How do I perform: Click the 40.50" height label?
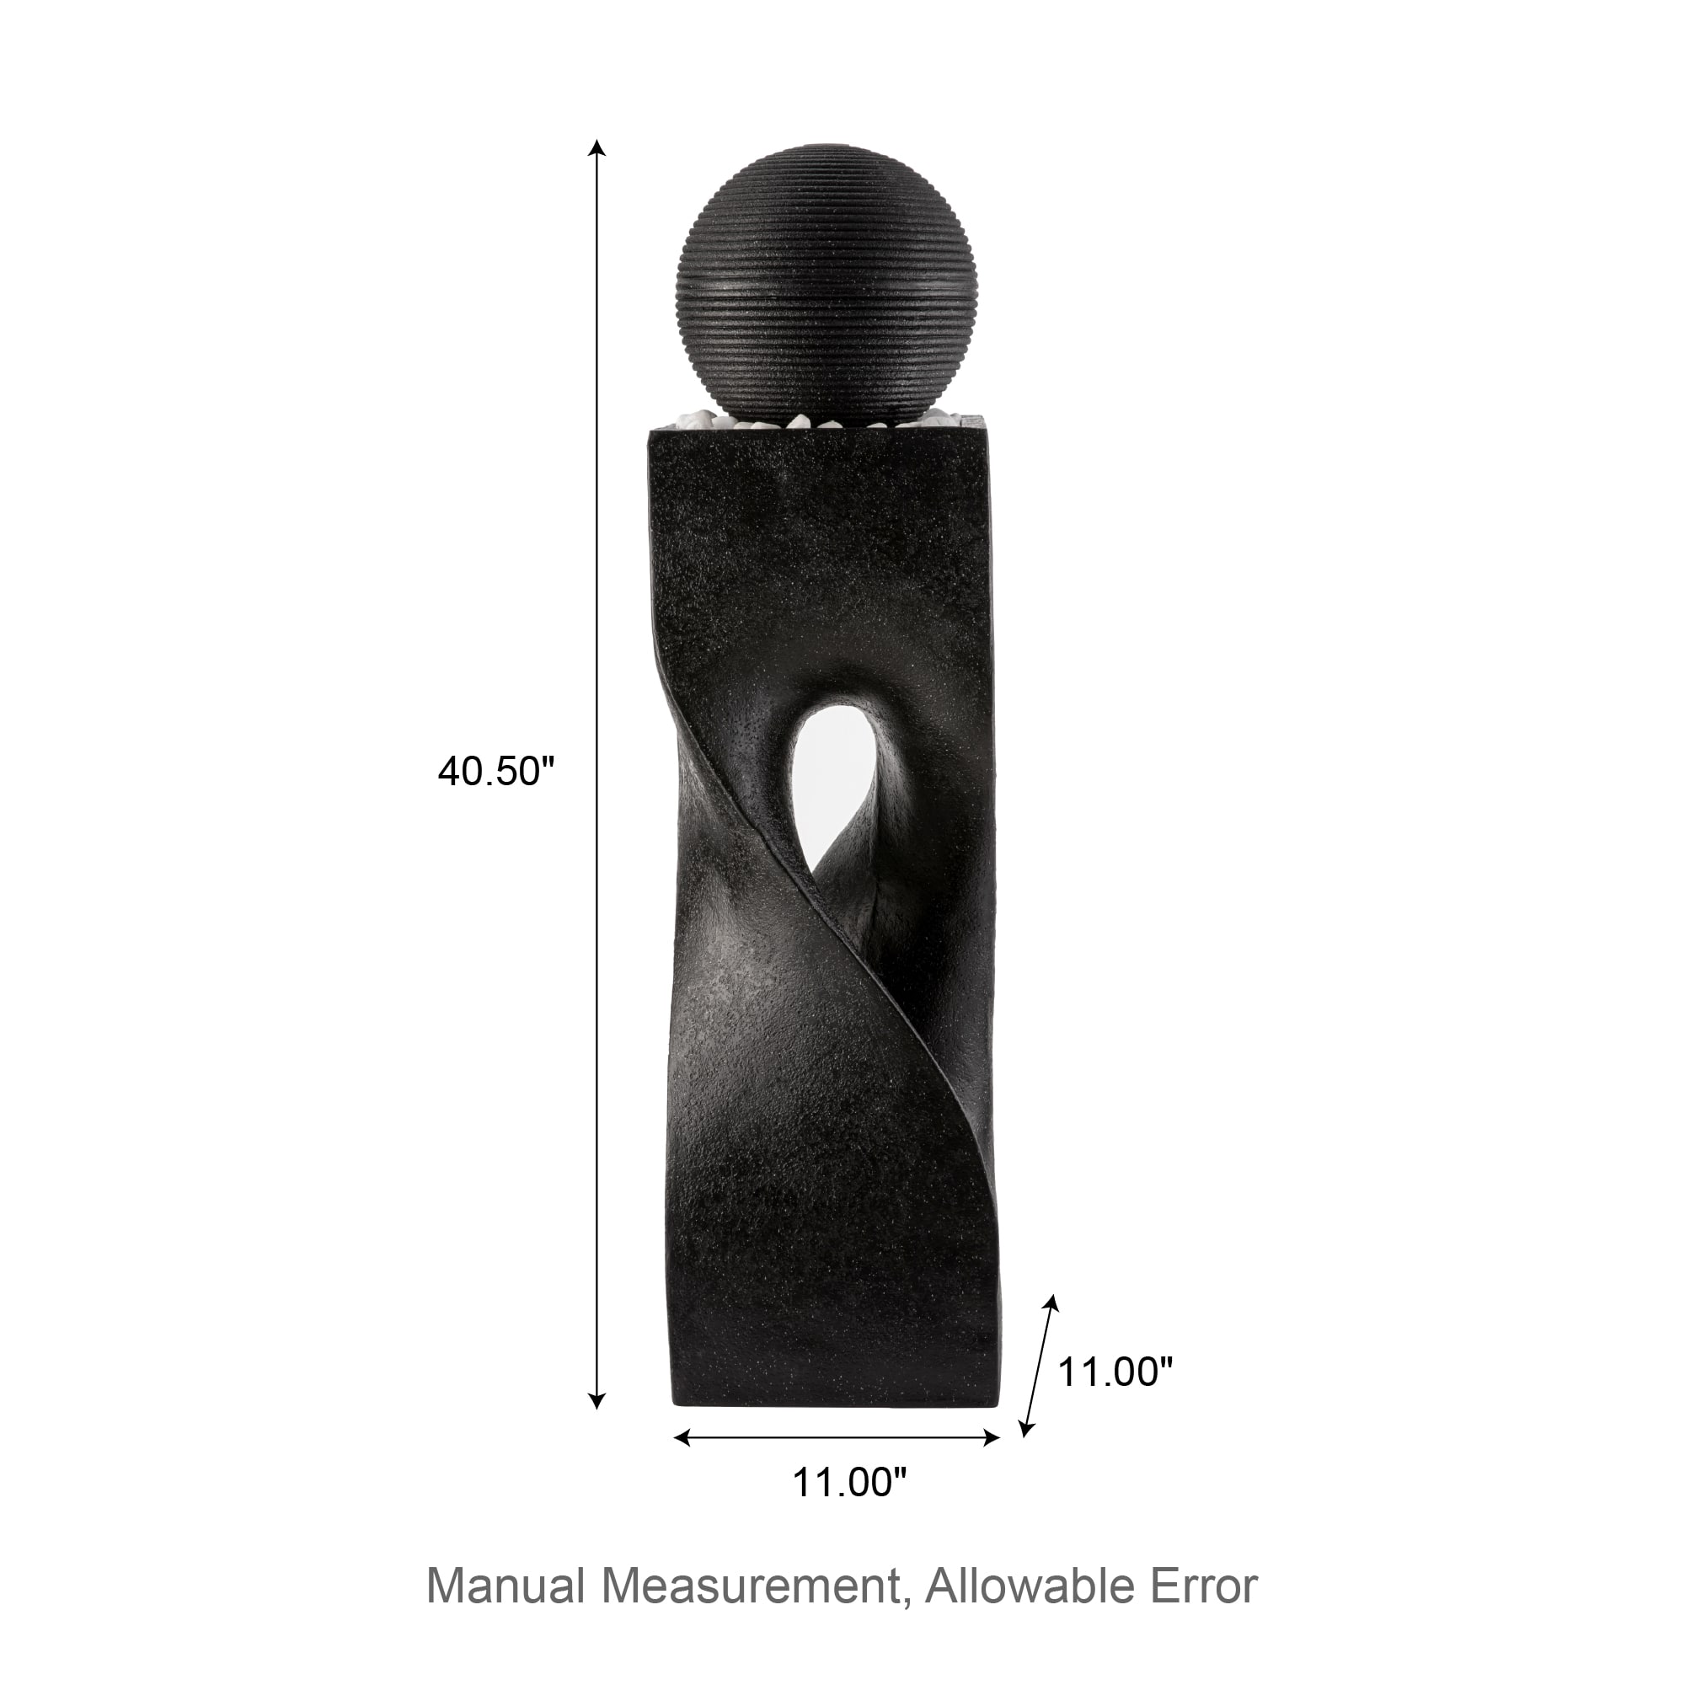pos(496,772)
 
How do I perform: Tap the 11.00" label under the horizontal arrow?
pos(849,1482)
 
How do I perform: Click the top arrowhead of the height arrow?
pos(596,147)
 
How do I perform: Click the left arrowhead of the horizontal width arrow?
pos(684,1438)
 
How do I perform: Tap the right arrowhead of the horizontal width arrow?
pos(991,1438)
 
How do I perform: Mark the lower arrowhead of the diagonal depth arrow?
pos(1025,1428)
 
